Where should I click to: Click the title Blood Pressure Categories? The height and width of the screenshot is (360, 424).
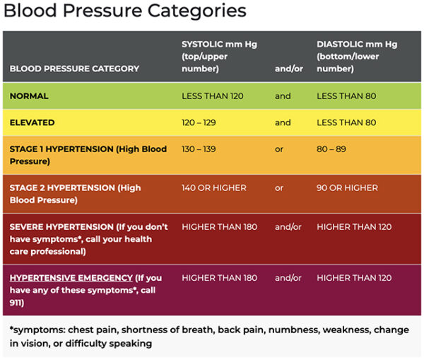[x=124, y=12]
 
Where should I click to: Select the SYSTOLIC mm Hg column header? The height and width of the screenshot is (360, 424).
[x=219, y=56]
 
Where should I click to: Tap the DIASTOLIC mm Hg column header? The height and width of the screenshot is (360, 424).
[x=356, y=56]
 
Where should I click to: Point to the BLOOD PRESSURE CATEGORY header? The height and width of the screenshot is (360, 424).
[x=74, y=69]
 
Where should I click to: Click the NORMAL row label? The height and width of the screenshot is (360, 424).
[x=29, y=96]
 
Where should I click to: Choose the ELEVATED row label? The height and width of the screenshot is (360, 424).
[x=32, y=122]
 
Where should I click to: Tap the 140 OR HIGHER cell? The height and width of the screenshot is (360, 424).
[x=214, y=188]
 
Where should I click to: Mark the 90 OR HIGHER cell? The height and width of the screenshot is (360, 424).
[x=347, y=188]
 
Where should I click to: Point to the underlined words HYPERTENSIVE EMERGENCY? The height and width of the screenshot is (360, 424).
[x=71, y=278]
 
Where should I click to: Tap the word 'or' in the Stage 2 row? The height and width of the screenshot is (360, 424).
[x=279, y=188]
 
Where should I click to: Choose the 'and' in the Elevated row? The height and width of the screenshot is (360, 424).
[x=283, y=122]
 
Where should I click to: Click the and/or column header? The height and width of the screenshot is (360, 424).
[x=288, y=69]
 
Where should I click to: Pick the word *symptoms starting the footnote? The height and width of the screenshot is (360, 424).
[x=35, y=330]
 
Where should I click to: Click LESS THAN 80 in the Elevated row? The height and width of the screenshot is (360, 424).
[x=346, y=122]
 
